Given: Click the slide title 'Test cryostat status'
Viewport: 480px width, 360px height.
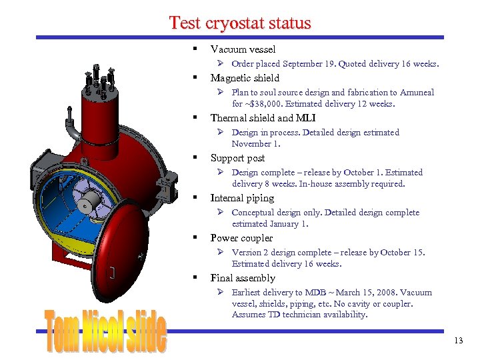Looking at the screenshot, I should tap(240, 23).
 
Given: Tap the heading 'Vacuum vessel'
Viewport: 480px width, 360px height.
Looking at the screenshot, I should tap(243, 49).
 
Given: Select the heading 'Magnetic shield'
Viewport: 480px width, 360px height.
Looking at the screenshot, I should tap(245, 78).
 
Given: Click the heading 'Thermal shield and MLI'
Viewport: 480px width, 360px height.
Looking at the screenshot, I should tap(263, 118).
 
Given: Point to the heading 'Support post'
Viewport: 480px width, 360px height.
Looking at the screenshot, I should tap(237, 158).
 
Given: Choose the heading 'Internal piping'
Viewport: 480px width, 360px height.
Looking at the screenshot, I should tap(242, 198).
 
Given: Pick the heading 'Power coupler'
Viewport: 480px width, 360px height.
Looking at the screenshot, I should tap(241, 238).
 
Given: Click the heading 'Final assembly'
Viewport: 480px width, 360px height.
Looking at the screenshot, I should tap(243, 278).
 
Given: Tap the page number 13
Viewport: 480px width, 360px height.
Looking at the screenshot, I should tap(458, 341).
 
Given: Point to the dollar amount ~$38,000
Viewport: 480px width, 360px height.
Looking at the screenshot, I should tap(265, 104).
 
